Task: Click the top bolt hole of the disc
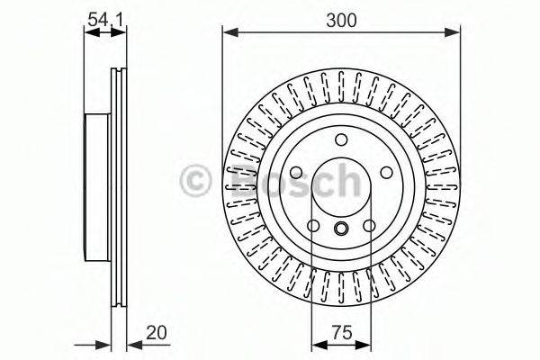(x=341, y=139)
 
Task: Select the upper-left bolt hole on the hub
(x=297, y=172)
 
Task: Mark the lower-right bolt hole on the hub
(x=370, y=224)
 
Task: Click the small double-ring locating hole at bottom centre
(x=342, y=229)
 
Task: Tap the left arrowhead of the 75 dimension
(x=316, y=344)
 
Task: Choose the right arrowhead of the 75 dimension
(x=367, y=344)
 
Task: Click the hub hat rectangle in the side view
(x=97, y=181)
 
